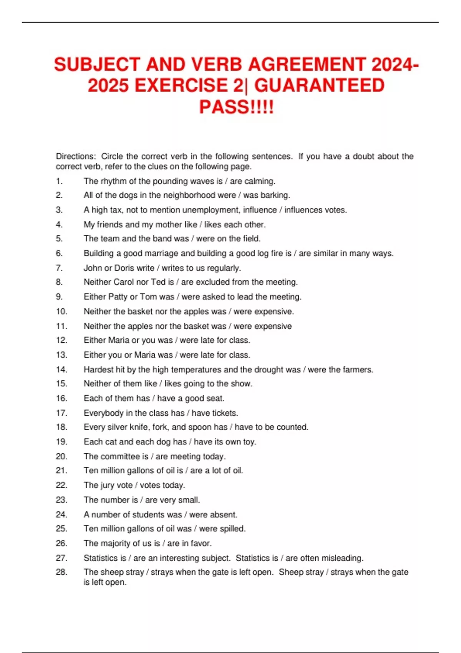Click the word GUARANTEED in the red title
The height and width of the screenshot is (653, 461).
[319, 85]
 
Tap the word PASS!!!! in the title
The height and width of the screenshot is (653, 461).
[236, 107]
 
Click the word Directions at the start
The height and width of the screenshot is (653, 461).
[75, 156]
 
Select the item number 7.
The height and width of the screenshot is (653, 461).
[59, 268]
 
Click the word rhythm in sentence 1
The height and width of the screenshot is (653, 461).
[114, 181]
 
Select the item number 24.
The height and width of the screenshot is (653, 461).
[61, 514]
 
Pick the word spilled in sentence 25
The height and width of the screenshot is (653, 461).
[232, 529]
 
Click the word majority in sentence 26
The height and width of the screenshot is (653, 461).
[116, 543]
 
